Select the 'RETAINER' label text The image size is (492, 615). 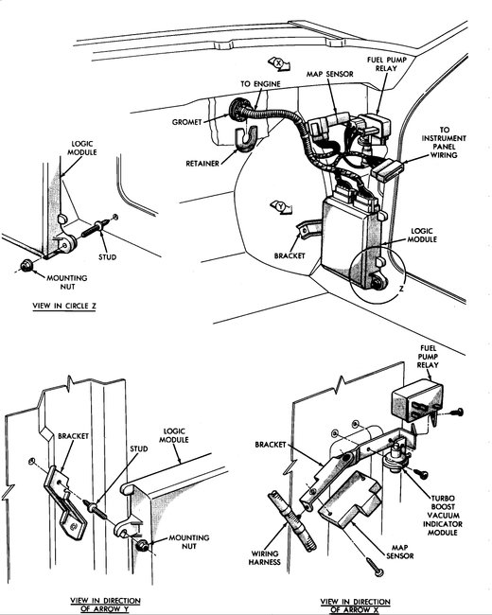(204, 163)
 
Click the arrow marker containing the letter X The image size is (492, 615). (279, 64)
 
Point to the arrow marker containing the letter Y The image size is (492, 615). (281, 204)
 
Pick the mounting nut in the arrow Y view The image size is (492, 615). (141, 547)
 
